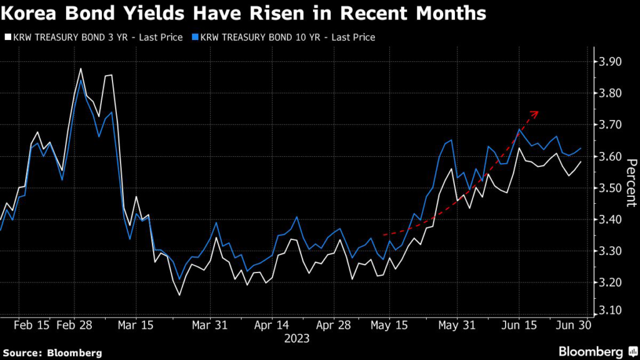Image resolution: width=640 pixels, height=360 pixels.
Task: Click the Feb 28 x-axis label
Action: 74,325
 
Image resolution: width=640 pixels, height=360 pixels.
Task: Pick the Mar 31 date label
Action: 211,325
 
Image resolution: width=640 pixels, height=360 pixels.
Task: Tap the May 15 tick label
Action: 389,325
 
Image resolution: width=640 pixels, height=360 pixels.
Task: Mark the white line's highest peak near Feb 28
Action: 81,69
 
